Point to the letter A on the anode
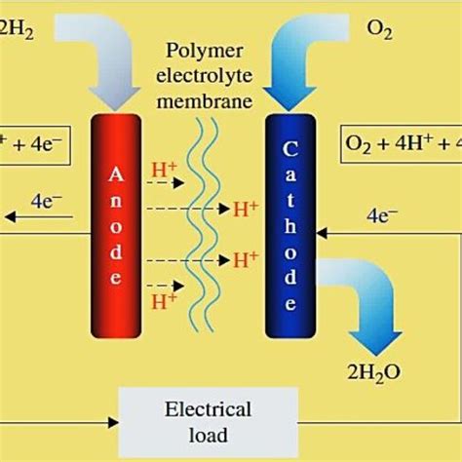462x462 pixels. point(116,174)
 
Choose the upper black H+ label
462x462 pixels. point(246,209)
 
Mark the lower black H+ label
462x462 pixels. point(246,260)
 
